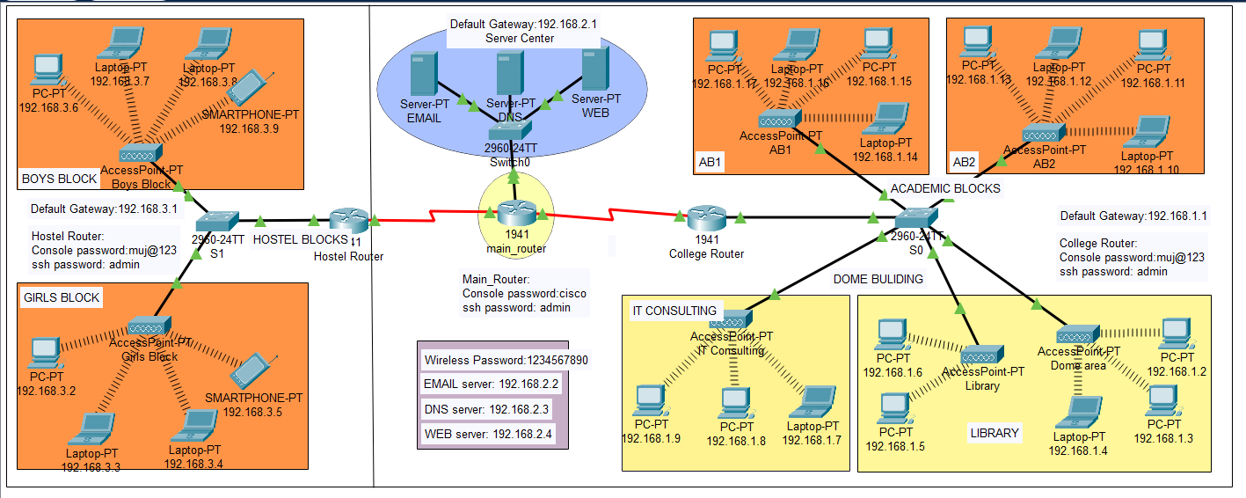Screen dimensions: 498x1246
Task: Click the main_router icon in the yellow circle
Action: tap(514, 214)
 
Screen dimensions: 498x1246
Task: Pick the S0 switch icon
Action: tap(917, 216)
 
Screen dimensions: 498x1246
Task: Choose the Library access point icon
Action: tap(981, 355)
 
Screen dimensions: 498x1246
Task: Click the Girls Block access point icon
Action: tap(142, 326)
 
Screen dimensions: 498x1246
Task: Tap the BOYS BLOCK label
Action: tap(60, 179)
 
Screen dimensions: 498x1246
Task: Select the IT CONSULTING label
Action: tap(674, 311)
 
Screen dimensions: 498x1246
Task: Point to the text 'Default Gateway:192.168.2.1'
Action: tap(524, 25)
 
